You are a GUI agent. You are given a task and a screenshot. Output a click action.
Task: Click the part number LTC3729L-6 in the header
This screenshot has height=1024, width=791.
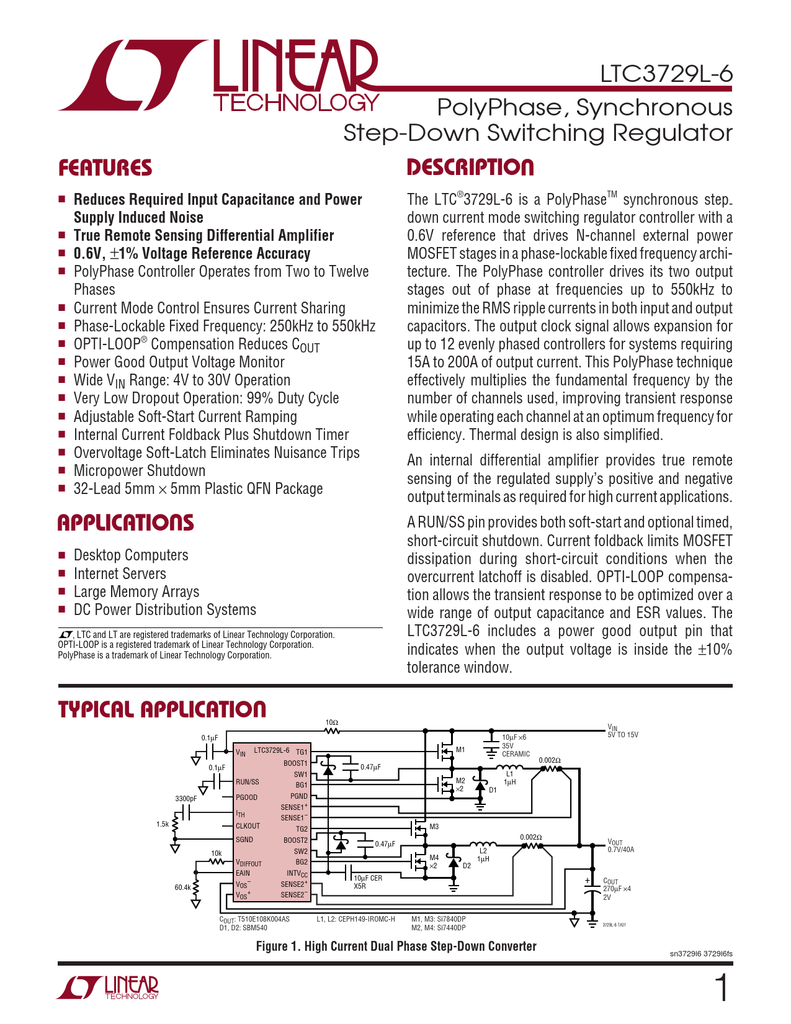666,74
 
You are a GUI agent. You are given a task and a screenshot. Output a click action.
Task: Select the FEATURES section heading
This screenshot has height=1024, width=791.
105,168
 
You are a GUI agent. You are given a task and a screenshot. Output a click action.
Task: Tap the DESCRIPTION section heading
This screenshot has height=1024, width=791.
470,168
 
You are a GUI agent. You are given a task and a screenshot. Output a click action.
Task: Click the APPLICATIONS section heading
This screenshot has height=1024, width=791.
125,523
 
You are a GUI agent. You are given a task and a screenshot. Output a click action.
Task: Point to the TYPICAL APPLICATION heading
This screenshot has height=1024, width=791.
162,709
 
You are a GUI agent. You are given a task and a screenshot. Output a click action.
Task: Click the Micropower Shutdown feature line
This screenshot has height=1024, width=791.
139,471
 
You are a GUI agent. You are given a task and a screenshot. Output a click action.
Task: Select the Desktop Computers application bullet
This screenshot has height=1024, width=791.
130,555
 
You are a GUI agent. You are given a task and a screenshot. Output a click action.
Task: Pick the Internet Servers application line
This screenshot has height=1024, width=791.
120,574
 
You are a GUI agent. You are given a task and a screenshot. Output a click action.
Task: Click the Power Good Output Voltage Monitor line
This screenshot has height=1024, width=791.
179,362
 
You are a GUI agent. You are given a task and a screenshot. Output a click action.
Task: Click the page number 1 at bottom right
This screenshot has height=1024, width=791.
722,988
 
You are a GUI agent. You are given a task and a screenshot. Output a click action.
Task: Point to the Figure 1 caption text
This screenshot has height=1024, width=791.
396,946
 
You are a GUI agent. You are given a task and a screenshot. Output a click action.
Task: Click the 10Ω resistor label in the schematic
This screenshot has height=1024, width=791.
332,722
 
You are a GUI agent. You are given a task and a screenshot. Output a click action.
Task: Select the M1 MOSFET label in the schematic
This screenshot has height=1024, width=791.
460,750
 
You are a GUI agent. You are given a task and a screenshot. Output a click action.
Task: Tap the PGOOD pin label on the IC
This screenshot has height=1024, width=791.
246,797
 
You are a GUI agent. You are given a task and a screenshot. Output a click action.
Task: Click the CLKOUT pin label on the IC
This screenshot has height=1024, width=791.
248,826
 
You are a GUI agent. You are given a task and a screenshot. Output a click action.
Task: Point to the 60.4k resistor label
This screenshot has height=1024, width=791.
182,887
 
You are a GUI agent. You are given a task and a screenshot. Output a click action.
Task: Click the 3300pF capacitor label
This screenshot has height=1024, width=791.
185,799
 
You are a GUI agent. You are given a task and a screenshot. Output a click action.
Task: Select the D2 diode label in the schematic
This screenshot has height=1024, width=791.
467,866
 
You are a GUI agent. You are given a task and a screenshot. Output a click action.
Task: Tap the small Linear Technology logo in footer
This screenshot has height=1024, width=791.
108,988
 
